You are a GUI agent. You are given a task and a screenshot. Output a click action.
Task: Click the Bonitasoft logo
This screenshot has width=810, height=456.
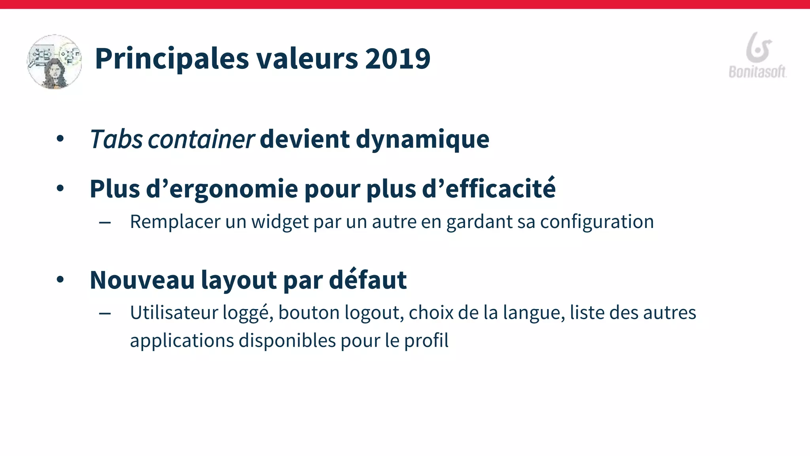758,55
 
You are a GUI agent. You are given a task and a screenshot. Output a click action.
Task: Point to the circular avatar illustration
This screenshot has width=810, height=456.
55,62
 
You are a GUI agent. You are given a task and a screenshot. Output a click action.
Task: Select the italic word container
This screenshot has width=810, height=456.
201,139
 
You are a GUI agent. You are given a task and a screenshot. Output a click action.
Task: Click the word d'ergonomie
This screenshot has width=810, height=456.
222,189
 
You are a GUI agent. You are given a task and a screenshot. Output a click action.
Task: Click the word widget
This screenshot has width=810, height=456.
280,222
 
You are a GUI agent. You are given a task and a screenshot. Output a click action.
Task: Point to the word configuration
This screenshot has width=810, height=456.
597,222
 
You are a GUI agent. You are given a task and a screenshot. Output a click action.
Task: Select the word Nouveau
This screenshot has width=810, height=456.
142,280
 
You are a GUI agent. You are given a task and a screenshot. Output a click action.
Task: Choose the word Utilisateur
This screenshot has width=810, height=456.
174,313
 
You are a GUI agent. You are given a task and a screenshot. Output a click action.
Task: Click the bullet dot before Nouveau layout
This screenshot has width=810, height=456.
60,280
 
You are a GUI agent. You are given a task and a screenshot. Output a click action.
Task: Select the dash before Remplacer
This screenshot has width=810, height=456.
105,223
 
